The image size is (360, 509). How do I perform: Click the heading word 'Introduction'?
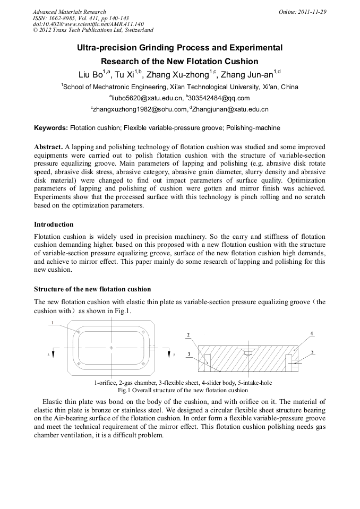pyautogui.click(x=54, y=225)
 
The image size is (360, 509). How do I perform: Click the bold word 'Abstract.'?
pyautogui.click(x=48, y=146)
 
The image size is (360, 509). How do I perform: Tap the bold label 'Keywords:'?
pyautogui.click(x=51, y=128)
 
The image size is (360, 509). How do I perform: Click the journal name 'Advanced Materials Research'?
pyautogui.click(x=69, y=12)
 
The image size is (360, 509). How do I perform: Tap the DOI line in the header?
pyautogui.click(x=88, y=24)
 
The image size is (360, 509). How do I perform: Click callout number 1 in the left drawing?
pyautogui.click(x=53, y=323)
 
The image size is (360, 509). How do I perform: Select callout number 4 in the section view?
pyautogui.click(x=312, y=333)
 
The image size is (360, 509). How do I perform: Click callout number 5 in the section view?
pyautogui.click(x=312, y=352)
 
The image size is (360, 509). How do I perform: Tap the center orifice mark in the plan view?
pyautogui.click(x=110, y=348)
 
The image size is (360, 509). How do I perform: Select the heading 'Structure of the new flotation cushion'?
pyautogui.click(x=92, y=289)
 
